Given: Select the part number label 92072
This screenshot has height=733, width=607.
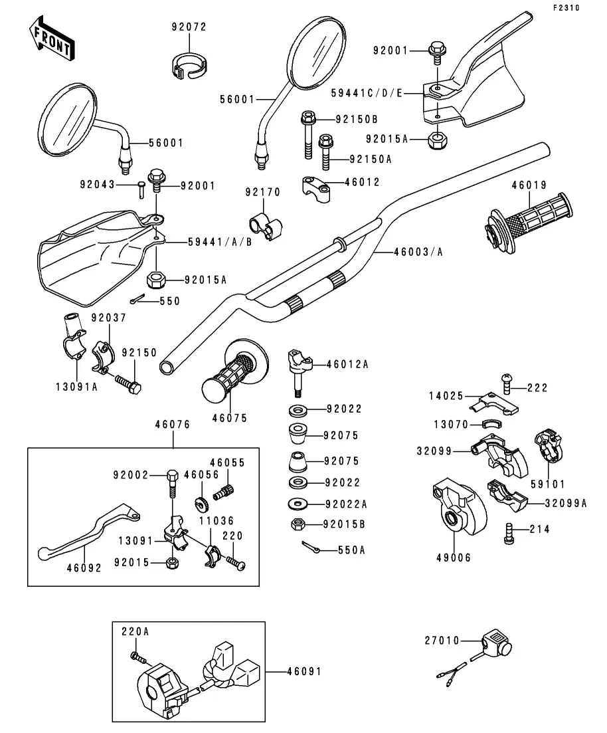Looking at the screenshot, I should pos(189,27).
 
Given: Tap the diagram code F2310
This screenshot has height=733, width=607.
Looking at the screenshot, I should pos(566,8).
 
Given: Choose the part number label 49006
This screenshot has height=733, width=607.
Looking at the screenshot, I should pos(454,558).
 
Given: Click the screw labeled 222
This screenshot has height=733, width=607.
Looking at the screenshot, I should pos(507,381).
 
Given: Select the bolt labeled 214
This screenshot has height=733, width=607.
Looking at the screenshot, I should pos(509,532).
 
